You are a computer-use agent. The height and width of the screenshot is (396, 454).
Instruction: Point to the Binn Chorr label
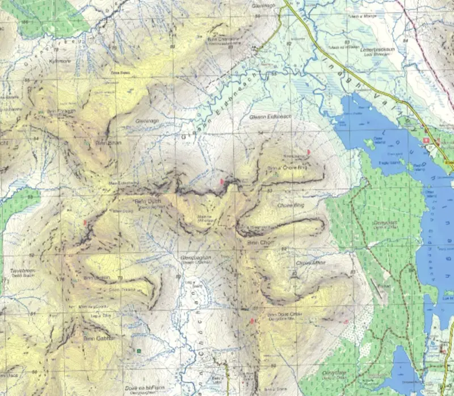point(260,242)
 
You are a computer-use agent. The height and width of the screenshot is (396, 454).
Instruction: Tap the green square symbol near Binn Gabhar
point(138,352)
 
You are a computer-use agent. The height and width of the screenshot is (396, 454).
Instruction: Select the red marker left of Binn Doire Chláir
point(251,322)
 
